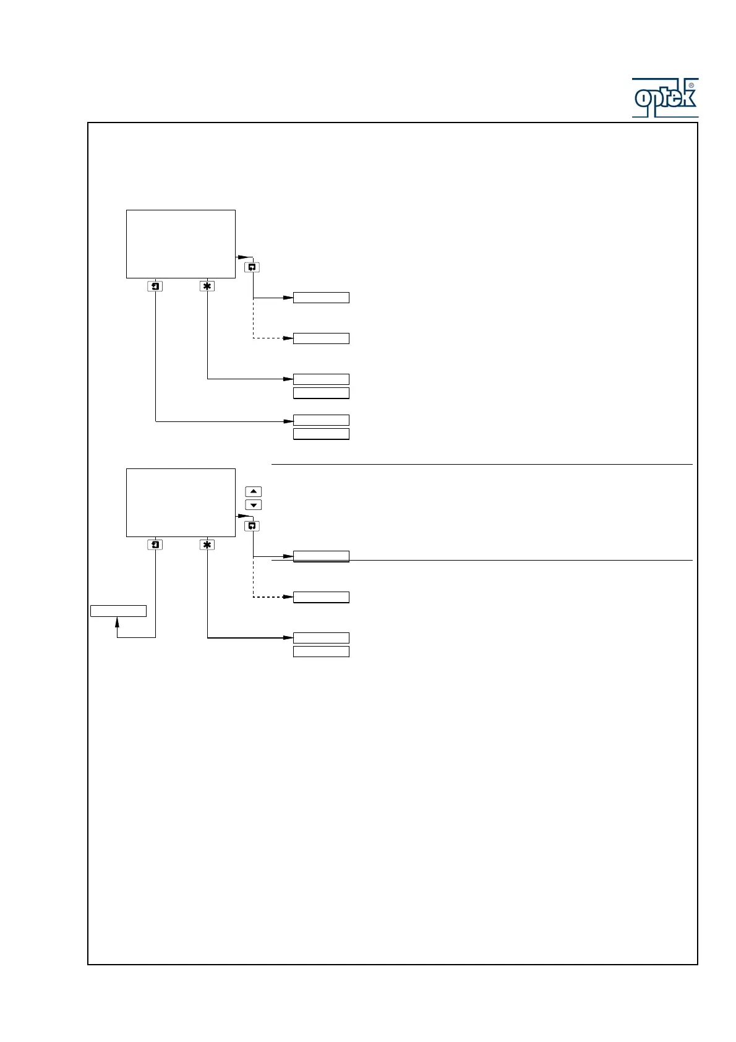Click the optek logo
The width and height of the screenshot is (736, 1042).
point(665,98)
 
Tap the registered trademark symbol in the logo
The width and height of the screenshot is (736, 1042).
point(691,85)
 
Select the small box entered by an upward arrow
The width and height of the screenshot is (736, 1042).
point(118,611)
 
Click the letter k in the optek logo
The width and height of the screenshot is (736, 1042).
point(688,98)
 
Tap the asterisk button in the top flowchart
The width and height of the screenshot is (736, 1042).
point(207,286)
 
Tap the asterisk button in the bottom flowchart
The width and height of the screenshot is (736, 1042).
point(207,545)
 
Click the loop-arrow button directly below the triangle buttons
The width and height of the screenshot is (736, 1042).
point(252,526)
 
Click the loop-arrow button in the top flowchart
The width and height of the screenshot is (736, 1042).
point(252,267)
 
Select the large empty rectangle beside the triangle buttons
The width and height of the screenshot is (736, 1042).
point(181,502)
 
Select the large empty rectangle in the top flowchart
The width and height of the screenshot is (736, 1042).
point(181,244)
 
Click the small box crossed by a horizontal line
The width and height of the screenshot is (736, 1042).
point(321,556)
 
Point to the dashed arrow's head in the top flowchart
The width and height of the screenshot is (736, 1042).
point(288,338)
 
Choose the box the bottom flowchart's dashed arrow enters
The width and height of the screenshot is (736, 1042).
point(321,597)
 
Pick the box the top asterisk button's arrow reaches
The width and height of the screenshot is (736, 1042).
point(321,379)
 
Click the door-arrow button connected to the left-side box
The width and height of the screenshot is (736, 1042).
point(155,545)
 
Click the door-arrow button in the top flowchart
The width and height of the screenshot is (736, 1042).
point(155,286)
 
